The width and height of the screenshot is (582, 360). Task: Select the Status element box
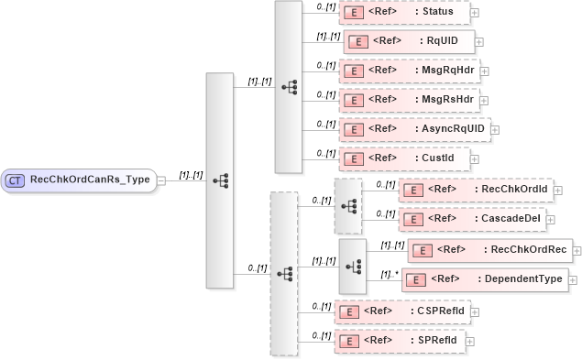[404, 12]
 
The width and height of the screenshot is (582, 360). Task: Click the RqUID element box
[409, 41]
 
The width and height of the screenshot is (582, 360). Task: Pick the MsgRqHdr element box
[409, 70]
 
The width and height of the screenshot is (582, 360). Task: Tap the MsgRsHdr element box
[409, 98]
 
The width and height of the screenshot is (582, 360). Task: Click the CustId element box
[404, 158]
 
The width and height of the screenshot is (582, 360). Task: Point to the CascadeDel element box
[472, 219]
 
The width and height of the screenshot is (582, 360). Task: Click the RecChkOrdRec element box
[489, 249]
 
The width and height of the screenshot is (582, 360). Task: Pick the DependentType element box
[485, 279]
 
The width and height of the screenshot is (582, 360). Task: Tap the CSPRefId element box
[402, 311]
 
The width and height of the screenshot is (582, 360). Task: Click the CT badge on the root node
[16, 180]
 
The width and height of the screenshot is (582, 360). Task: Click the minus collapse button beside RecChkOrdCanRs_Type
[161, 180]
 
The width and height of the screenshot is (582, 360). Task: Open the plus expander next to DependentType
[574, 280]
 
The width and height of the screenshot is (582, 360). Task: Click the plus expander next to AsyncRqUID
[496, 129]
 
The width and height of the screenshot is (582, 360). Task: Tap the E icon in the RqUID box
[358, 41]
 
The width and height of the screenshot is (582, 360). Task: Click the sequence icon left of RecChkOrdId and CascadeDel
[348, 205]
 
